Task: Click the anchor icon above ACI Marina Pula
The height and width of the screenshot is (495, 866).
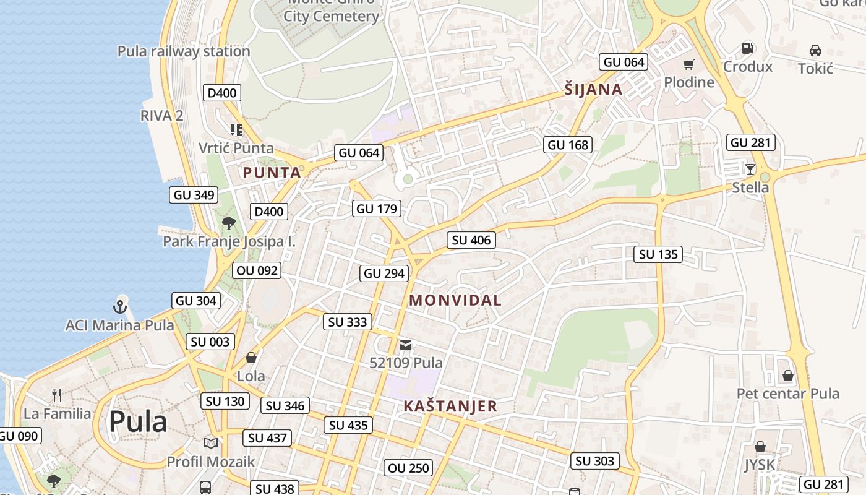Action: pos(119,306)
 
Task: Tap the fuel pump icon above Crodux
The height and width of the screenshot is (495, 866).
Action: pos(747,48)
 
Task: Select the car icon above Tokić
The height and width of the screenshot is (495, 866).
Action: pos(815,51)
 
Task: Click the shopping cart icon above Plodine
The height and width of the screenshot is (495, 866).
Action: pos(688,64)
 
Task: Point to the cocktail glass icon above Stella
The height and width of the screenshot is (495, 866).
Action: pos(750,169)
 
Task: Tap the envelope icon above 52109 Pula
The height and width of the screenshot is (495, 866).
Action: pos(406,345)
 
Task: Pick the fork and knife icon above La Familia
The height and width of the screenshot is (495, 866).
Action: pos(57,395)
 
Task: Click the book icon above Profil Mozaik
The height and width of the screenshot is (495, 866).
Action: pos(211,443)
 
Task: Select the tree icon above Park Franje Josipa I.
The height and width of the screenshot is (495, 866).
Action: pos(229,223)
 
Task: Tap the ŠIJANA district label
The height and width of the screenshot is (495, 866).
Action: pos(593,90)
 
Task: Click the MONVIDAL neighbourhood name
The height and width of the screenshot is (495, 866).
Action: pos(455,301)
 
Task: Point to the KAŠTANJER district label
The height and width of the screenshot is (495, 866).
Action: pos(450,407)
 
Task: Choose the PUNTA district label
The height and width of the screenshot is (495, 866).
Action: pos(272,173)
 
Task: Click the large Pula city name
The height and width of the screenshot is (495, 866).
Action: pos(138,422)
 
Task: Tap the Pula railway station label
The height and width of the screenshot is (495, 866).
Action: pos(184,51)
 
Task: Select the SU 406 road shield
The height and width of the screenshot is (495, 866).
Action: pos(471,240)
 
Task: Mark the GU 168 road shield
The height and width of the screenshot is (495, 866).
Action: pos(568,145)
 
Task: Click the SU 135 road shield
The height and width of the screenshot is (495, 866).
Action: pos(658,254)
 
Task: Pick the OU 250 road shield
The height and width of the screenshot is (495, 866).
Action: pos(408,468)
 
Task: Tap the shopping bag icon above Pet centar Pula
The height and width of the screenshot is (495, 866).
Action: pos(788,376)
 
